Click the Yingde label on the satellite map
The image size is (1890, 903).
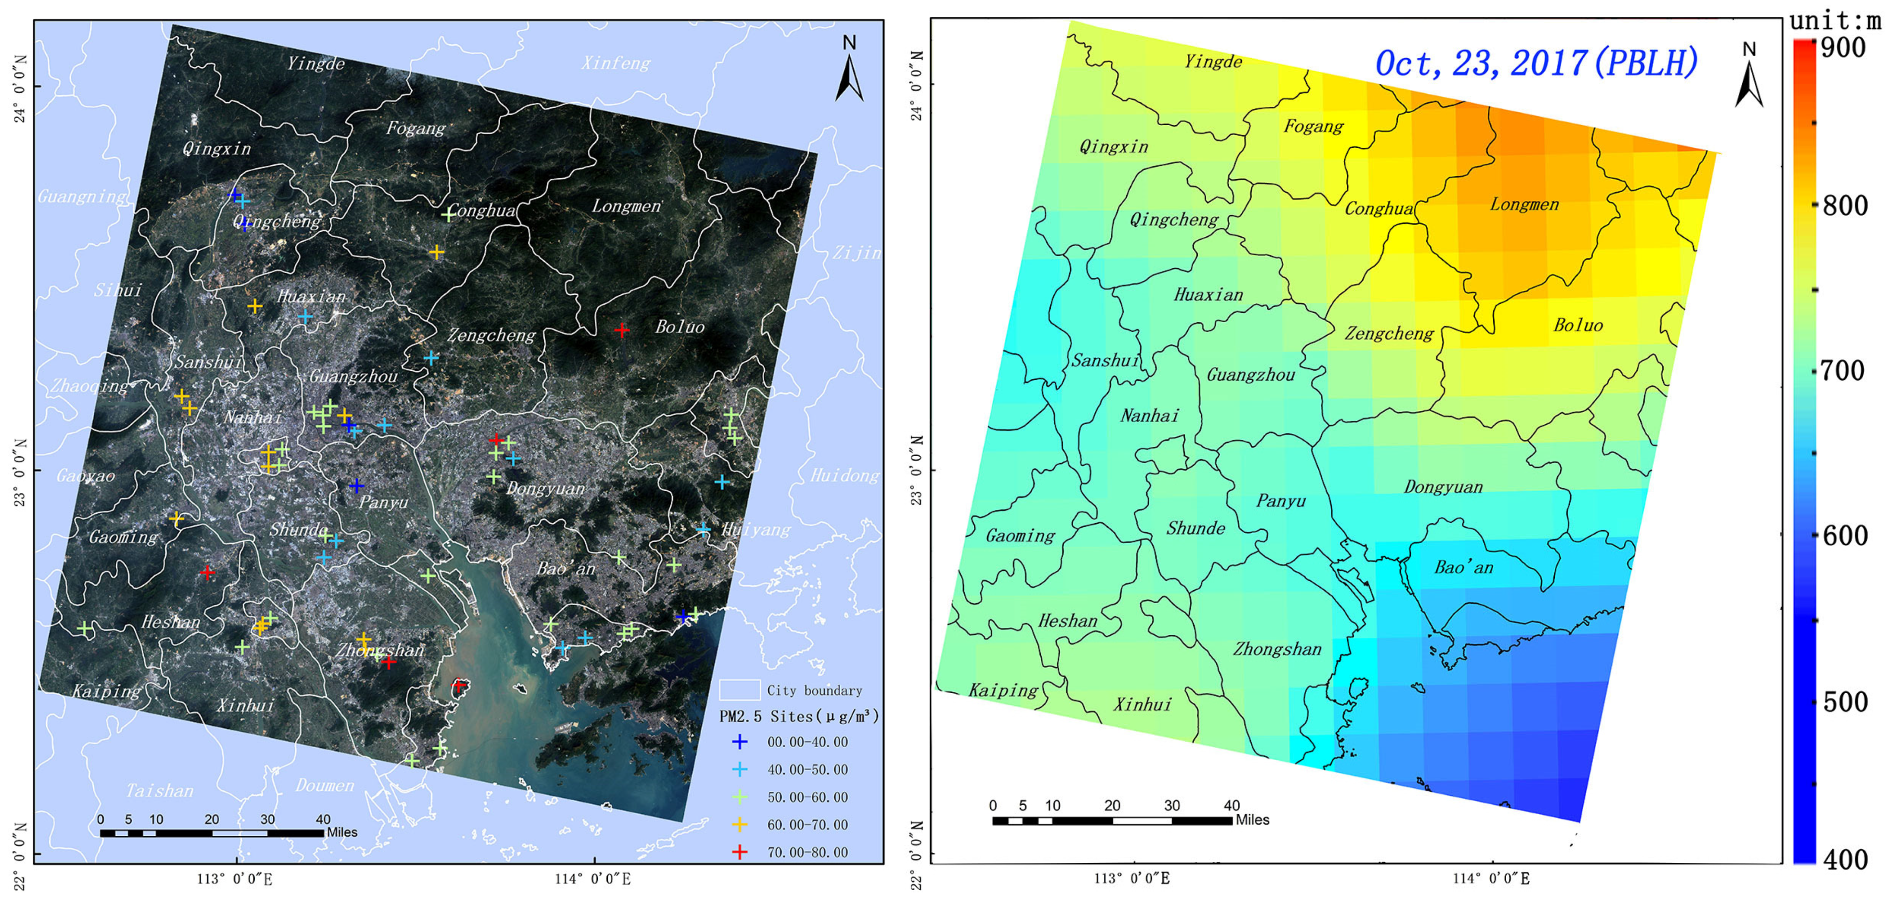(315, 64)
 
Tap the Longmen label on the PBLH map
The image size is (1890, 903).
(1524, 205)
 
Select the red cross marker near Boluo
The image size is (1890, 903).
(621, 331)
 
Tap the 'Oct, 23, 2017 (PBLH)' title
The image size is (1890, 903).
(1535, 63)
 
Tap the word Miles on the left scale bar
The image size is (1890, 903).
(342, 833)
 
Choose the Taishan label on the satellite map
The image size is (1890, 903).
(159, 791)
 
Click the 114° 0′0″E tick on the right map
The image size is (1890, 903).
(1492, 879)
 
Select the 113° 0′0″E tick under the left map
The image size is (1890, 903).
(235, 879)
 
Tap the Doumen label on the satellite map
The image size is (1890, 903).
(324, 786)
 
